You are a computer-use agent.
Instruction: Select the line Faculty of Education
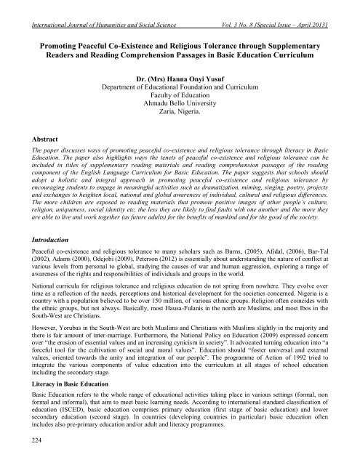tap(180, 115)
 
